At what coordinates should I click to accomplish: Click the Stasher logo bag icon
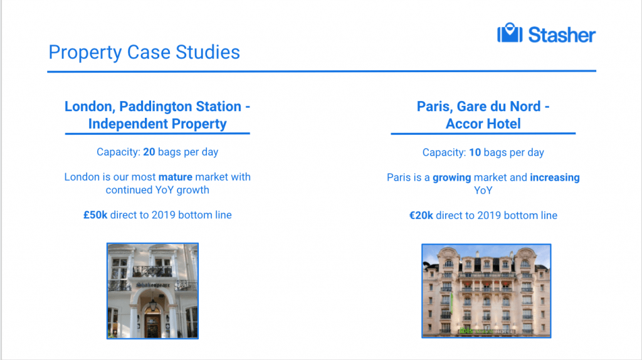point(510,33)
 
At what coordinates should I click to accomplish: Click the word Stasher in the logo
point(562,35)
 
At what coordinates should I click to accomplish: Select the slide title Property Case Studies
point(144,53)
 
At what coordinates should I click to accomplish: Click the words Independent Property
point(157,124)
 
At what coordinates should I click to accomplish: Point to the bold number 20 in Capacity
point(149,152)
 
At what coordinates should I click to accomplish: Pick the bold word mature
point(176,177)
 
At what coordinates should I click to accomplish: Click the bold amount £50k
point(95,215)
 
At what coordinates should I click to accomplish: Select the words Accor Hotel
point(483,124)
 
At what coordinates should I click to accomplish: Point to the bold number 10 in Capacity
point(475,152)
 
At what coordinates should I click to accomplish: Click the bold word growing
point(452,177)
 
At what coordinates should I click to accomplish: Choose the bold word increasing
point(555,177)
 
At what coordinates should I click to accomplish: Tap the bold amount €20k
point(421,215)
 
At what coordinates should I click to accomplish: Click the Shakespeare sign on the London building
point(153,285)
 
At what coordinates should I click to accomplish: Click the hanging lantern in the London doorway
point(153,304)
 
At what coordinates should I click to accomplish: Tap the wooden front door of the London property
point(152,325)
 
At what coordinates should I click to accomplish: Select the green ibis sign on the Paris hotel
point(466,331)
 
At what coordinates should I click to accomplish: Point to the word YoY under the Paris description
point(483,191)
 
